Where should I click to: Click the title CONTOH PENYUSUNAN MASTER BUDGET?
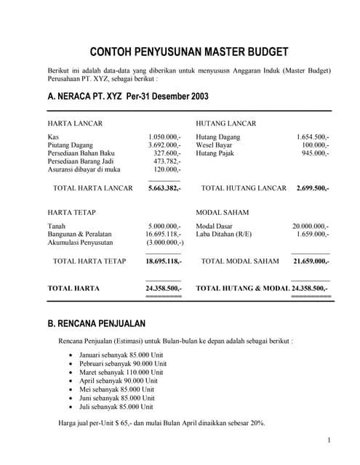[188, 52]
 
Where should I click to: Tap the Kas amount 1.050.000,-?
[164, 137]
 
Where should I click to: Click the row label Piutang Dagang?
[71, 145]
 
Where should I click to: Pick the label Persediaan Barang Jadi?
[82, 161]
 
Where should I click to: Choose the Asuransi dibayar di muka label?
[84, 169]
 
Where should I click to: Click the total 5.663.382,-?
[164, 187]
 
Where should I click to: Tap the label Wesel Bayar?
[214, 145]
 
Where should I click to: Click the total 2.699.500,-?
[313, 187]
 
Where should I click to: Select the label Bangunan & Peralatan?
[79, 234]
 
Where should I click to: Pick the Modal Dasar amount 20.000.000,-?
[311, 226]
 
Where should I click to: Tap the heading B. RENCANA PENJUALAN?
[96, 323]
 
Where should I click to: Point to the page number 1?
[329, 440]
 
